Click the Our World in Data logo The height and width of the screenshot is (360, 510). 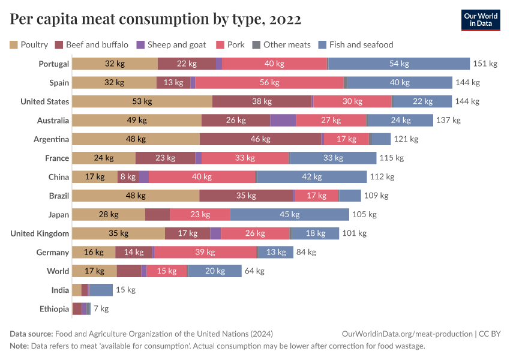coord(481,20)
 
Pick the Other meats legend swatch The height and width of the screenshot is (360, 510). coord(256,44)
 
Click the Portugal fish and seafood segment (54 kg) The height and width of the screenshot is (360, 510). coord(399,64)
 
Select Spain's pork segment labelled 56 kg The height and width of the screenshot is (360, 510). coord(269,83)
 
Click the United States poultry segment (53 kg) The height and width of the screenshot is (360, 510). coord(142,101)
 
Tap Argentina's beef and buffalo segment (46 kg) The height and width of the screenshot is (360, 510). coord(260,139)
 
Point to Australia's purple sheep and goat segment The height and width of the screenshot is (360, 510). coord(283,121)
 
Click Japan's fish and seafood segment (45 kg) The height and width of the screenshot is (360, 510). coord(289,215)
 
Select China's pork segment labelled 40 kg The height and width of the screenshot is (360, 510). coord(202,177)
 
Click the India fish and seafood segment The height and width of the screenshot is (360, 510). coord(101,290)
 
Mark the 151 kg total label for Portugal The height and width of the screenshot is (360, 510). coord(485,64)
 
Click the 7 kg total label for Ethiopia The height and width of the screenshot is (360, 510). coord(101,309)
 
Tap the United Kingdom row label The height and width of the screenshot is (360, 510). coord(40,233)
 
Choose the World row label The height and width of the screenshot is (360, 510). coord(58,271)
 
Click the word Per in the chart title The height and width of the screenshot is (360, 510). coord(22,20)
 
